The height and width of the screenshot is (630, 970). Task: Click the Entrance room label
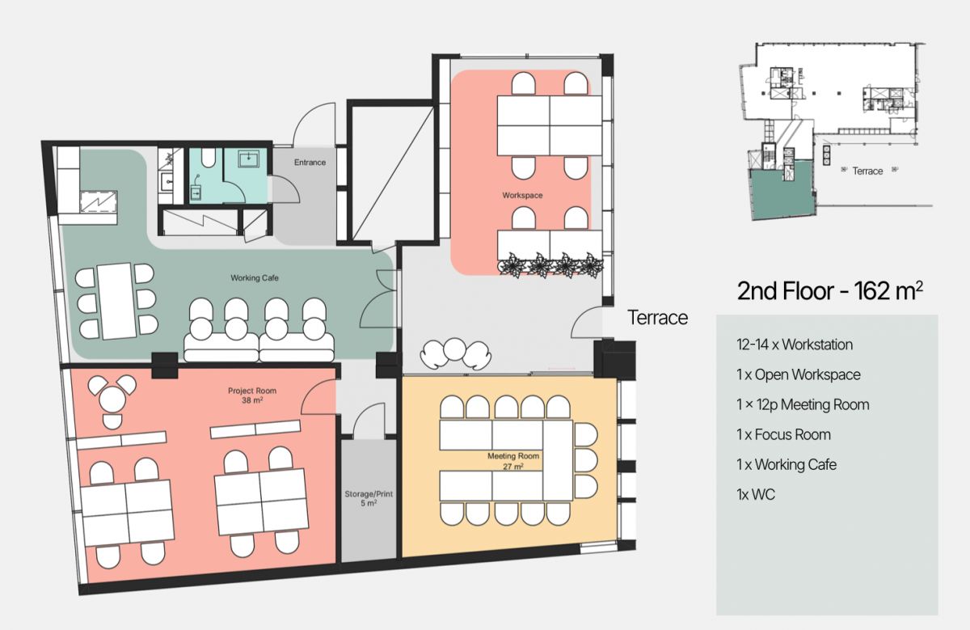pyautogui.click(x=310, y=163)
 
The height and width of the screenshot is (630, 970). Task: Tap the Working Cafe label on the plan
pyautogui.click(x=255, y=277)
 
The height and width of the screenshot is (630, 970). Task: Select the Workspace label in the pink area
pyautogui.click(x=522, y=196)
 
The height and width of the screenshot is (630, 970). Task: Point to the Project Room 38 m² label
pyautogui.click(x=252, y=395)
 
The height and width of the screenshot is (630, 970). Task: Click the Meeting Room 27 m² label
pyautogui.click(x=513, y=461)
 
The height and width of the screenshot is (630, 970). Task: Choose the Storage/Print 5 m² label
pyautogui.click(x=369, y=498)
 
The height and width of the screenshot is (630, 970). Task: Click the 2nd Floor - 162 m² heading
pyautogui.click(x=829, y=290)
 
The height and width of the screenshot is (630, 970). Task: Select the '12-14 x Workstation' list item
pyautogui.click(x=795, y=345)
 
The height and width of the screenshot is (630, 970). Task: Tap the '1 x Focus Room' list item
pyautogui.click(x=783, y=434)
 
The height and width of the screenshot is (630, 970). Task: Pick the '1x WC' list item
pyautogui.click(x=756, y=494)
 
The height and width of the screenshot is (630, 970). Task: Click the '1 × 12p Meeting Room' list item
pyautogui.click(x=803, y=404)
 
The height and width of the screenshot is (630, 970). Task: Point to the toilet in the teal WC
pyautogui.click(x=209, y=158)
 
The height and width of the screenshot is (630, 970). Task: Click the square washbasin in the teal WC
pyautogui.click(x=249, y=159)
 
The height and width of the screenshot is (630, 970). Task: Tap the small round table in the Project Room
pyautogui.click(x=112, y=398)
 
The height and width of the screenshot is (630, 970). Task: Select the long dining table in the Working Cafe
pyautogui.click(x=115, y=301)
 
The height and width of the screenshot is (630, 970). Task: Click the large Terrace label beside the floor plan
pyautogui.click(x=657, y=318)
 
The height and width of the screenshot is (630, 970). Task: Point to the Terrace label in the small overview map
pyautogui.click(x=867, y=171)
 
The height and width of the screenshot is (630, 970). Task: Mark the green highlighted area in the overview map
pyautogui.click(x=781, y=191)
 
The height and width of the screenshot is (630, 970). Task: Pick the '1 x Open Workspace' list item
pyautogui.click(x=799, y=374)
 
